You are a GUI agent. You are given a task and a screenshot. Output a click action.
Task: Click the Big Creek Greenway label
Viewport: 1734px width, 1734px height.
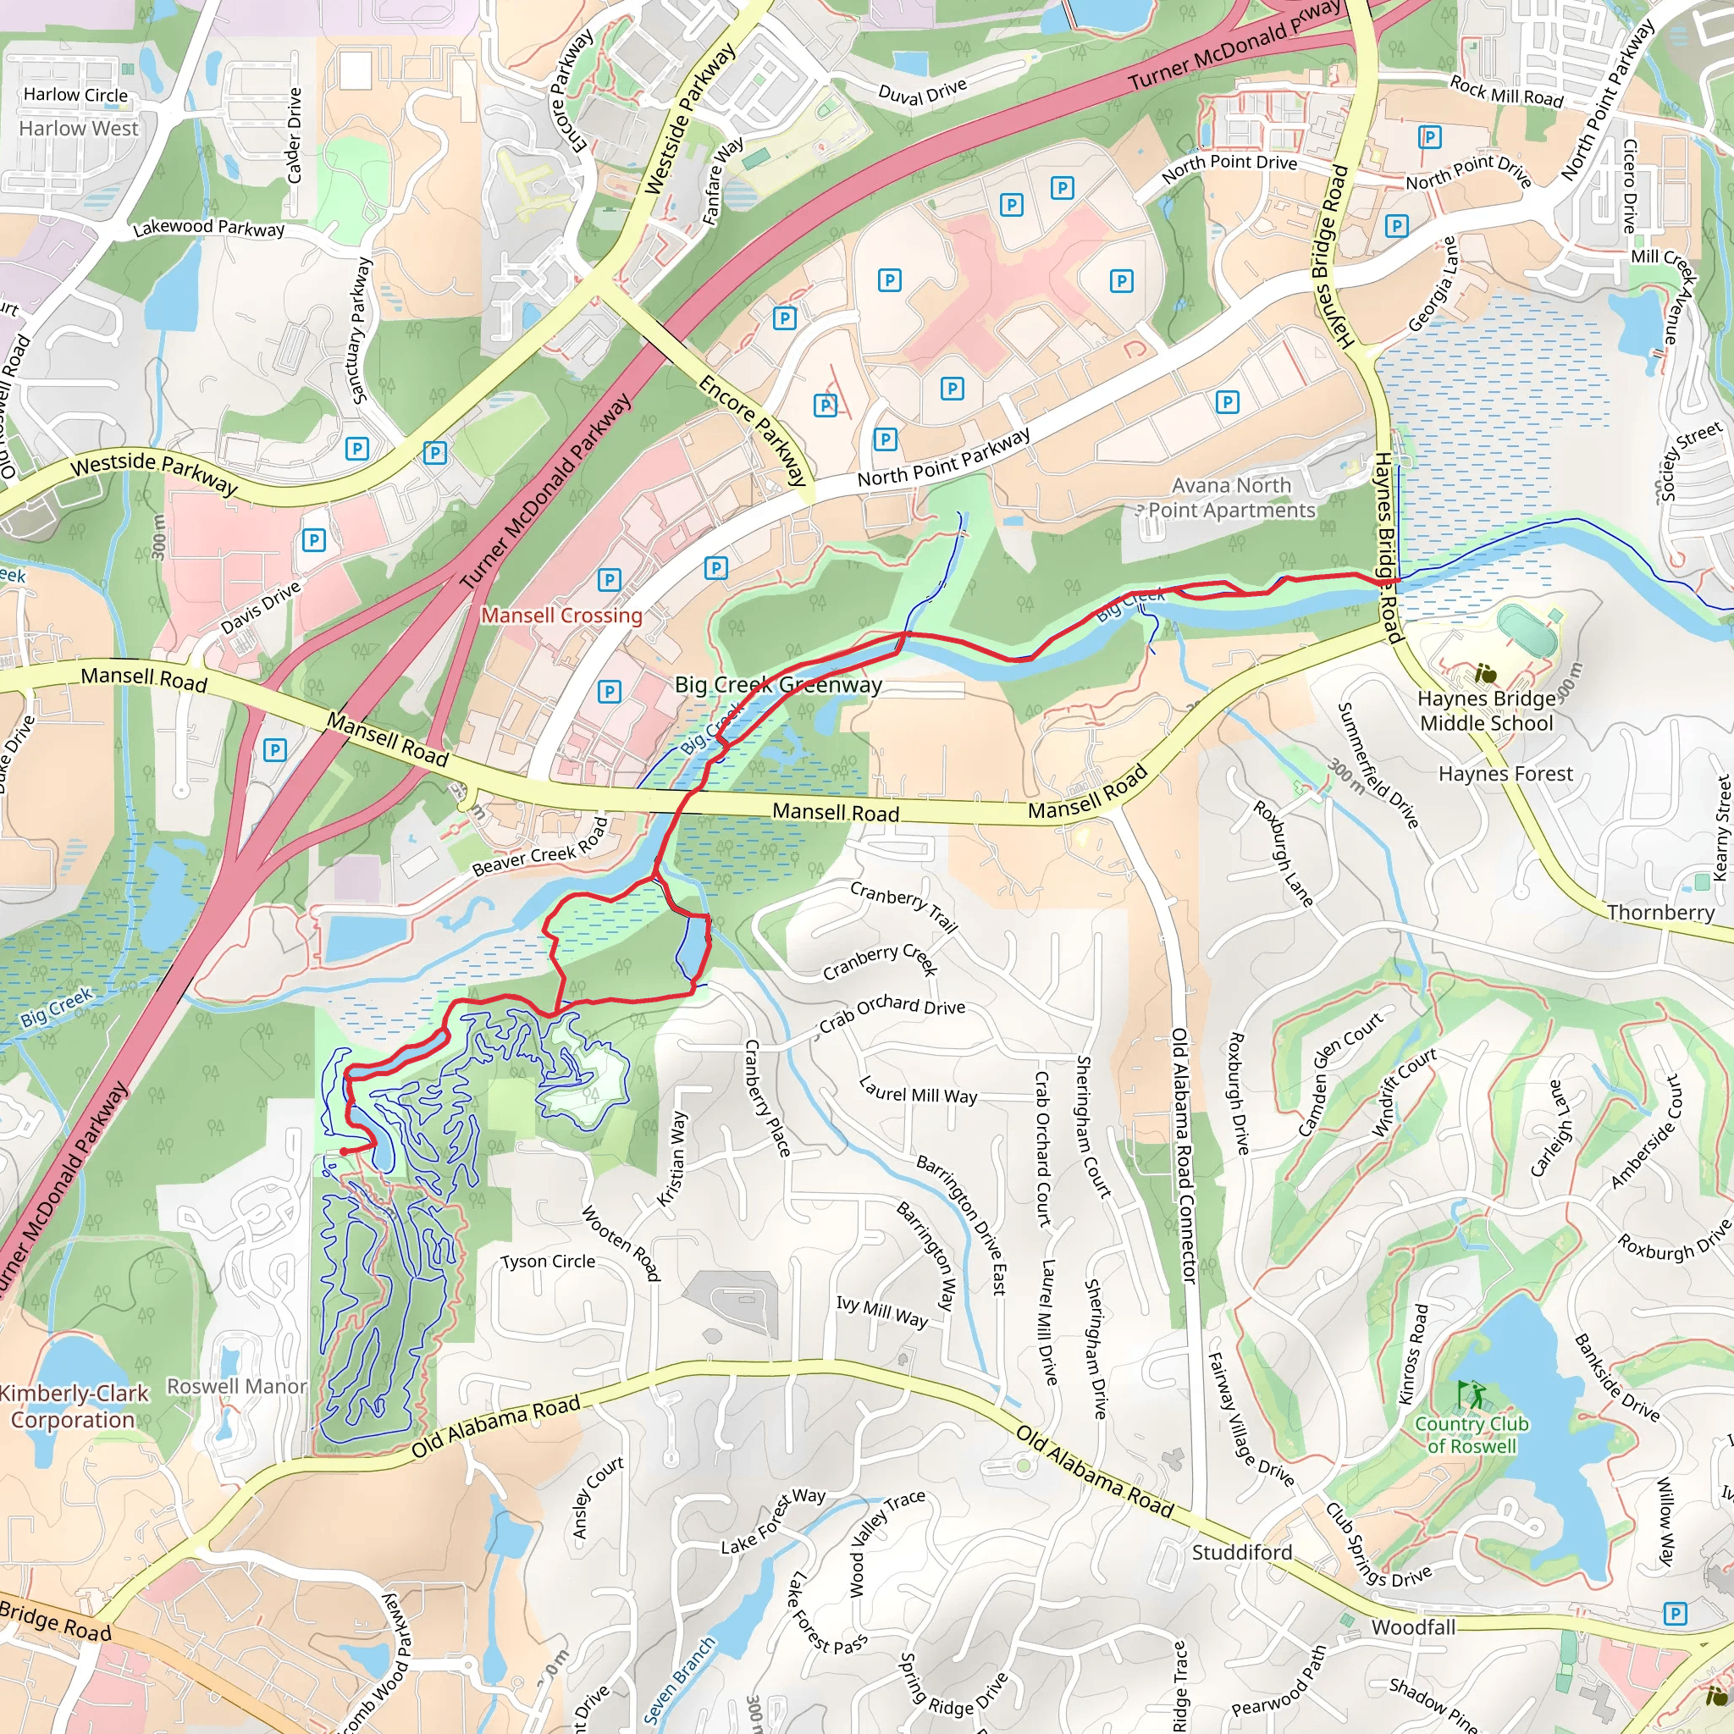tap(778, 685)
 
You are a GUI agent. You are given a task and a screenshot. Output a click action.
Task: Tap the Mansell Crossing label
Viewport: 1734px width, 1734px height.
tap(562, 616)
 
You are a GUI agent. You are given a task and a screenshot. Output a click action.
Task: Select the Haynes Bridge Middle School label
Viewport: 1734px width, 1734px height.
tap(1486, 711)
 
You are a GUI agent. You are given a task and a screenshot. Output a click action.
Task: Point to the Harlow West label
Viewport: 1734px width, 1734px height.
tap(79, 129)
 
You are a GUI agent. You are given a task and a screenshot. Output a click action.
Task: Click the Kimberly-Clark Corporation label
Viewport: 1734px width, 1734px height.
tap(74, 1406)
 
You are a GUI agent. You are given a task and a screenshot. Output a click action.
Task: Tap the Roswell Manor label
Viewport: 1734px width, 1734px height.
tap(237, 1387)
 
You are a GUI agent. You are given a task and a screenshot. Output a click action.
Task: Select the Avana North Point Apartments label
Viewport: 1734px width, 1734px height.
tap(1231, 498)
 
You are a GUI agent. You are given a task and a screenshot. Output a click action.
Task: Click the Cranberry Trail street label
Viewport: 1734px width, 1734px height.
tap(903, 907)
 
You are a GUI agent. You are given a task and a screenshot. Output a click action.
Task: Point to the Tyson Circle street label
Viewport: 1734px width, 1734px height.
tap(548, 1261)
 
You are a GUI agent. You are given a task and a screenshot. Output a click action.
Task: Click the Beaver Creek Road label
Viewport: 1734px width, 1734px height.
tap(540, 848)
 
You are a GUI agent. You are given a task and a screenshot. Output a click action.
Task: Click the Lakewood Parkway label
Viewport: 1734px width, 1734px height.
tap(208, 228)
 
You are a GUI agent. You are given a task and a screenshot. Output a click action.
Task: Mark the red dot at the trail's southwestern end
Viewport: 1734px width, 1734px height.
tap(344, 1151)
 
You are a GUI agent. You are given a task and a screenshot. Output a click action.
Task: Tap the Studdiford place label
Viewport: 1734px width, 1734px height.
tap(1241, 1553)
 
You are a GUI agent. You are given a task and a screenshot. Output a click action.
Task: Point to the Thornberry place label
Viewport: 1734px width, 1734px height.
tap(1660, 913)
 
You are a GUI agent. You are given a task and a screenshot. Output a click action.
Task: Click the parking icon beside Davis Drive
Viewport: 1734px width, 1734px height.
tap(313, 540)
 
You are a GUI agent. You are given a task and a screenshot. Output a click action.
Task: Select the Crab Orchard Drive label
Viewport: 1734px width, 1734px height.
tap(892, 1013)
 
